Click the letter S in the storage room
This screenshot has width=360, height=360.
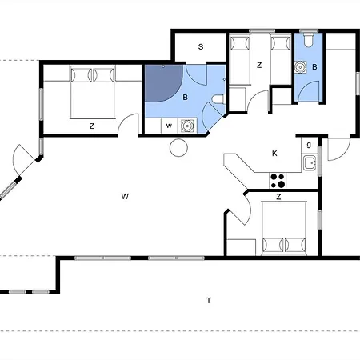201,47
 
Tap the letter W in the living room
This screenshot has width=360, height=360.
125,197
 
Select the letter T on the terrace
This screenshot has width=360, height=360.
209,301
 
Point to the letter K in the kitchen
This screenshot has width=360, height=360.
274,154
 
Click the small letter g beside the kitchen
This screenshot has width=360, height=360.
309,145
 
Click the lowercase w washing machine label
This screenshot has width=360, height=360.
169,126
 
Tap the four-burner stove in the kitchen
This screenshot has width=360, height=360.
278,181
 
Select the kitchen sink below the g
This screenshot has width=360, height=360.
310,162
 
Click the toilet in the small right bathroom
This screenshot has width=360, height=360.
309,40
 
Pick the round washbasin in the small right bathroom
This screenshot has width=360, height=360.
301,67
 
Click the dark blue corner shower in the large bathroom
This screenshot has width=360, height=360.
163,83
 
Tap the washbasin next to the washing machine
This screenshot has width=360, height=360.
187,126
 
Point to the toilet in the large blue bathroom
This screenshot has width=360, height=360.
219,99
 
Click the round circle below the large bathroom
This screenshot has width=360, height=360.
178,147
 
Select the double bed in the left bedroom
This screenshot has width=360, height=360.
93,92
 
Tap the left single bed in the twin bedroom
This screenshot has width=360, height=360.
240,59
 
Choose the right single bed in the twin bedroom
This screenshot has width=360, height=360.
280,59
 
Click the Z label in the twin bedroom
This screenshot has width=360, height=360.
259,65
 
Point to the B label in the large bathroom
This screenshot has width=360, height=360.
185,98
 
